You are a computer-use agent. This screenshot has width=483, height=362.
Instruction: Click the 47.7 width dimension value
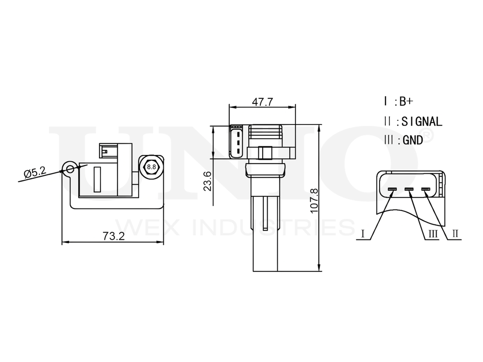262,102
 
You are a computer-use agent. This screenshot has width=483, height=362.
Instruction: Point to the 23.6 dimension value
207,181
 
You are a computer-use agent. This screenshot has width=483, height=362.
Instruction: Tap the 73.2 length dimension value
114,236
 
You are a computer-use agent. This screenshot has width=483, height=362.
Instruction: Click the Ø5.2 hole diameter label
34,172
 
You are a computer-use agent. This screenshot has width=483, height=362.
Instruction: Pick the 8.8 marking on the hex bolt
151,167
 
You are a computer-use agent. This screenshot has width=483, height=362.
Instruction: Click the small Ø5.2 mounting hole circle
71,168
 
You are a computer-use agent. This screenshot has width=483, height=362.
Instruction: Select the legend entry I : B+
398,101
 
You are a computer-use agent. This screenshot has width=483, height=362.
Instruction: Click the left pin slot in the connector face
392,189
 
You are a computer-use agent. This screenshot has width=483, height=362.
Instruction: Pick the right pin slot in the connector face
426,189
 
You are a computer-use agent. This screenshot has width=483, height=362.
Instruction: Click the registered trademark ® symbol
428,136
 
